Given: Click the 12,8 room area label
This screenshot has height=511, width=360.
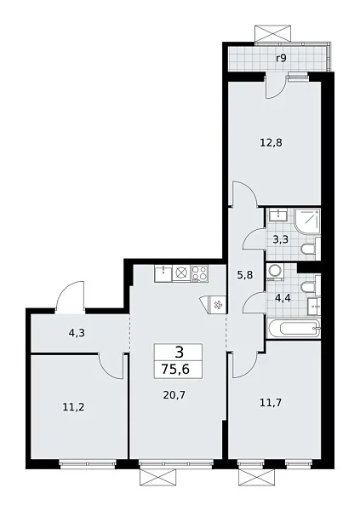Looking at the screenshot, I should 272,142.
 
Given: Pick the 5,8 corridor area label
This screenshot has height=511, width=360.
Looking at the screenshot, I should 244,274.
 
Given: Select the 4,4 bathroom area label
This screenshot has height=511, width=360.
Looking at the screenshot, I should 283,298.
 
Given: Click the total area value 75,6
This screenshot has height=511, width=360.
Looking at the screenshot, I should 178,370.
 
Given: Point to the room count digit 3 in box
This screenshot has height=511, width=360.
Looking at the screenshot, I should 178,352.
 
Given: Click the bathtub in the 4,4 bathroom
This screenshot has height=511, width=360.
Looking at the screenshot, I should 292,330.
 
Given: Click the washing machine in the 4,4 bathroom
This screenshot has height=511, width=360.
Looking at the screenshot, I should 276,272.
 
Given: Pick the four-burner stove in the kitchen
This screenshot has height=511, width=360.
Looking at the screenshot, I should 201,273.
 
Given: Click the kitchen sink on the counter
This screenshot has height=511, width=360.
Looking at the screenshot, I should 180,273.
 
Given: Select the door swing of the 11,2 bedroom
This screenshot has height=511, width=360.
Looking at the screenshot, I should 111,365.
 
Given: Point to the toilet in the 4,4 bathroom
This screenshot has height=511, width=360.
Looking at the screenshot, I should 312,284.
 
